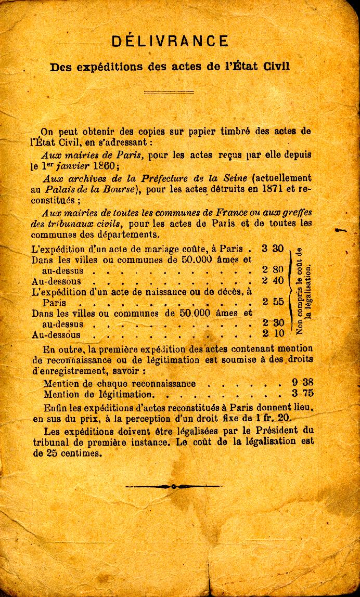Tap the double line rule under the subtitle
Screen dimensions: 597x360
tap(169, 92)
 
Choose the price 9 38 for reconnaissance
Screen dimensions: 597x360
tap(303, 383)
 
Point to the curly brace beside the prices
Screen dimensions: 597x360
tap(289, 291)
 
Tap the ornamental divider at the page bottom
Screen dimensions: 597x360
tap(173, 487)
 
